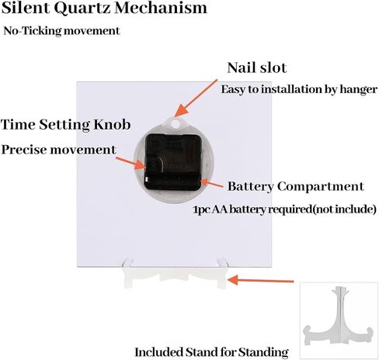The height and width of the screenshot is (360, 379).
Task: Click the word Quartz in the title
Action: pyautogui.click(x=82, y=8)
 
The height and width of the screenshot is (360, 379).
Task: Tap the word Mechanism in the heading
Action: pyautogui.click(x=161, y=8)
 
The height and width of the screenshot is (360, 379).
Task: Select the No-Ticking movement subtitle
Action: pyautogui.click(x=61, y=31)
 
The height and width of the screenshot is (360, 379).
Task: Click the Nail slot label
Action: pyautogui.click(x=257, y=67)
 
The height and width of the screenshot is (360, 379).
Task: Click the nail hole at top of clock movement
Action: pyautogui.click(x=176, y=123)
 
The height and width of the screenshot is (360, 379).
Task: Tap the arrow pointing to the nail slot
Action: pyautogui.click(x=196, y=99)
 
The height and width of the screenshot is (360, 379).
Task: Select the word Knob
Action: pyautogui.click(x=112, y=125)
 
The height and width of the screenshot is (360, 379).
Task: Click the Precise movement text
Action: pyautogui.click(x=59, y=150)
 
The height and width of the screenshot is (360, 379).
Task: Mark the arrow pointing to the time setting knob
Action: pyautogui.click(x=130, y=163)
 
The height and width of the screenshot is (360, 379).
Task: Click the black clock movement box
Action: pyautogui.click(x=172, y=162)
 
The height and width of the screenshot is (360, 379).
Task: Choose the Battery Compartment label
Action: pyautogui.click(x=296, y=186)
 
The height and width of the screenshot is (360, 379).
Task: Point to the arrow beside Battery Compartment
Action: pyautogui.click(x=212, y=183)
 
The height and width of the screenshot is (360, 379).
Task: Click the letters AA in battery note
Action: pyautogui.click(x=220, y=209)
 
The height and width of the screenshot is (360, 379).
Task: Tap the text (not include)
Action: pyautogui.click(x=345, y=209)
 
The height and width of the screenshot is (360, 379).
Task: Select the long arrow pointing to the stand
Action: pyautogui.click(x=260, y=280)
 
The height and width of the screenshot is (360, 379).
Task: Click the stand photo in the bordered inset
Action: pyautogui.click(x=339, y=320)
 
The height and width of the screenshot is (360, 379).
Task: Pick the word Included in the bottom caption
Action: pyautogui.click(x=158, y=352)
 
